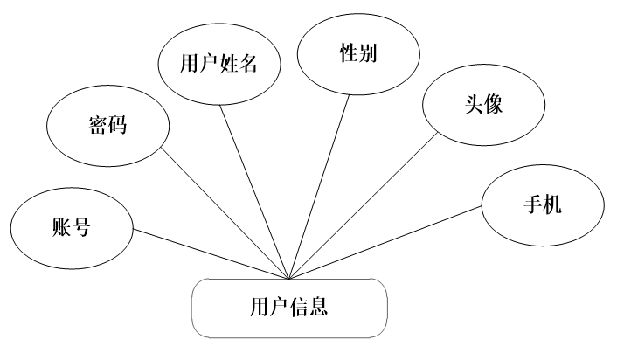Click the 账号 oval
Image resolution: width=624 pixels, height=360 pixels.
pyautogui.click(x=72, y=228)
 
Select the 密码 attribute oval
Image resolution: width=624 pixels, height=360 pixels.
pyautogui.click(x=107, y=125)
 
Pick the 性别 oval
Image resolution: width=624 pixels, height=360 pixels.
pyautogui.click(x=358, y=53)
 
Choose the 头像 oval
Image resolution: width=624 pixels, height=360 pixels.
pyautogui.click(x=483, y=105)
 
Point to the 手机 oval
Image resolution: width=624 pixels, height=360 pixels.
pyautogui.click(x=543, y=205)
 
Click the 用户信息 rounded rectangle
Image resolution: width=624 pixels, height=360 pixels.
pyautogui.click(x=289, y=308)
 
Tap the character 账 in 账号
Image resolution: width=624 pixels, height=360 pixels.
pyautogui.click(x=62, y=228)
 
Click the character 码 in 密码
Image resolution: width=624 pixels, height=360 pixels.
pyautogui.click(x=117, y=125)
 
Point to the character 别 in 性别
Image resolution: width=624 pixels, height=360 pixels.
pyautogui.click(x=368, y=53)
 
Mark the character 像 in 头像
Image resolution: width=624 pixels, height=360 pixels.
pyautogui.click(x=494, y=105)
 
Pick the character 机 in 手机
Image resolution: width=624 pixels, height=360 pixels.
pyautogui.click(x=552, y=205)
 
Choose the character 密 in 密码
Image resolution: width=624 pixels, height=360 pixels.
pyautogui.click(x=98, y=125)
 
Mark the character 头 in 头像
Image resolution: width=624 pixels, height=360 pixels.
pyautogui.click(x=475, y=105)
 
